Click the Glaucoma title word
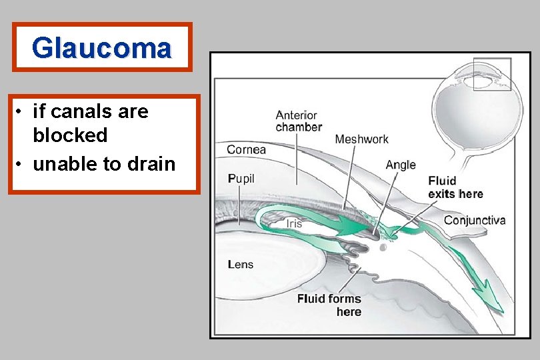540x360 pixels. click(x=102, y=47)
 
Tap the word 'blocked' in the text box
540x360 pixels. click(x=70, y=135)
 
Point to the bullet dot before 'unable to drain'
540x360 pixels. click(x=21, y=164)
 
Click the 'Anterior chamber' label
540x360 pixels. click(x=298, y=121)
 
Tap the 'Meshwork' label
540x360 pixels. click(x=361, y=139)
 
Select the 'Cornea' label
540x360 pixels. click(x=246, y=149)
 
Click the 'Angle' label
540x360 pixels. click(x=401, y=165)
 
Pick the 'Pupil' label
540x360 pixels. click(x=241, y=179)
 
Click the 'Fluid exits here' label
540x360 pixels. click(x=455, y=187)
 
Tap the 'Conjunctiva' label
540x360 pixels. click(x=475, y=220)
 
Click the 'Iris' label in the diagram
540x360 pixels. click(x=294, y=224)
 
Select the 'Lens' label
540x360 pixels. click(x=241, y=265)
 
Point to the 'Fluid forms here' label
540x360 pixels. click(x=329, y=305)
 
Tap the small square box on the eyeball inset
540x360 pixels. click(x=491, y=74)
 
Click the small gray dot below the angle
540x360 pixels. click(x=383, y=247)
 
